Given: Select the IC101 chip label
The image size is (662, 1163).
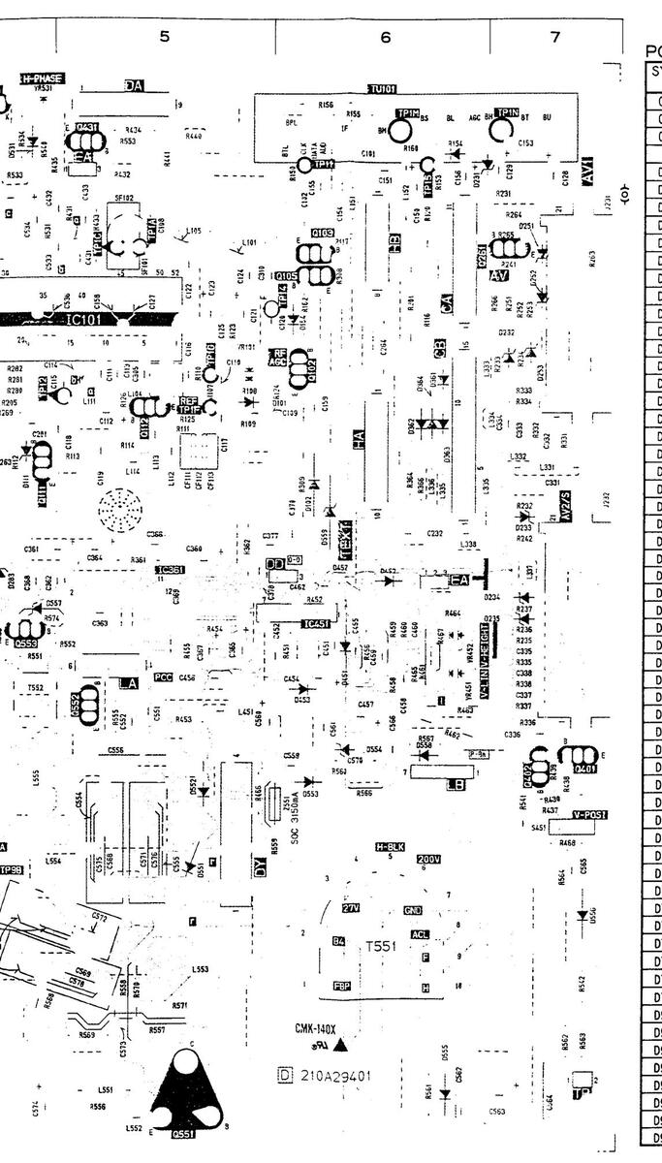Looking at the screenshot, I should point(79,317).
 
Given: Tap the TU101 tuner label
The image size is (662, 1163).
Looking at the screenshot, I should point(382,89).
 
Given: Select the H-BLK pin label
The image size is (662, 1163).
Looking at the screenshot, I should point(389,846).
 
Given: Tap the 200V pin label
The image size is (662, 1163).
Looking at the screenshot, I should point(428,859).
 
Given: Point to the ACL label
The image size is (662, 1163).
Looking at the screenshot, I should point(420,934).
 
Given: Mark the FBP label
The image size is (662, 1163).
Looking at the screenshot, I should point(341,986).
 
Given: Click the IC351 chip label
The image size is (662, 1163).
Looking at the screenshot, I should point(172,570).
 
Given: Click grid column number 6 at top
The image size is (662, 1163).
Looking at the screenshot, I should point(385,37).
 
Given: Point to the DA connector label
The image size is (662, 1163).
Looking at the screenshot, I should point(134,85).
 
